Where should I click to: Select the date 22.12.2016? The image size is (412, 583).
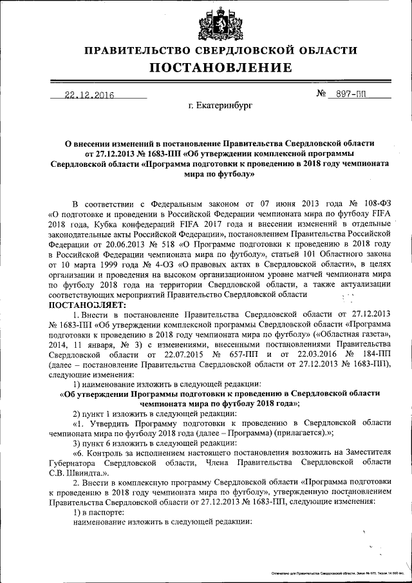(89, 95)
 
